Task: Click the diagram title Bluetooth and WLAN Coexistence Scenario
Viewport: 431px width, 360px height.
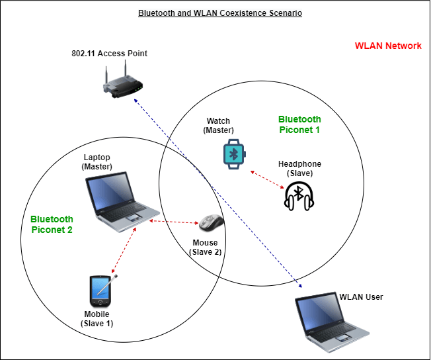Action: [220, 13]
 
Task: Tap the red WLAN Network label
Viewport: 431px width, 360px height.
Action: [388, 46]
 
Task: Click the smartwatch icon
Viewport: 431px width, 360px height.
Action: [233, 154]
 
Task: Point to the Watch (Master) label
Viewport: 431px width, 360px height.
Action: [219, 126]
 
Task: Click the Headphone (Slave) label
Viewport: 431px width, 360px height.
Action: [299, 168]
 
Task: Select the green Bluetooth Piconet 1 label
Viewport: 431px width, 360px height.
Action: [299, 124]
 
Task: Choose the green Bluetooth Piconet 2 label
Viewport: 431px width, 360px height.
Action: [52, 224]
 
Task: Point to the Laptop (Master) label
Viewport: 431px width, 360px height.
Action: [97, 161]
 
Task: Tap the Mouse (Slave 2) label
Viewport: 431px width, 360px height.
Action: [205, 247]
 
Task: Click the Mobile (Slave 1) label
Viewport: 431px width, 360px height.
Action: [97, 318]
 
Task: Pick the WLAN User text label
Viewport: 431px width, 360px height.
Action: [361, 296]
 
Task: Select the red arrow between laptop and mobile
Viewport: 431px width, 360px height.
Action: [125, 249]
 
